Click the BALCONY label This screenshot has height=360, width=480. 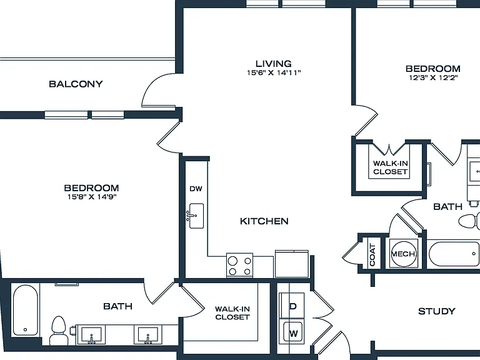click(x=76, y=84)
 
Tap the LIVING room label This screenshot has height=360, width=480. click(x=274, y=64)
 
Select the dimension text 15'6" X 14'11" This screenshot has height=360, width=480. click(x=274, y=73)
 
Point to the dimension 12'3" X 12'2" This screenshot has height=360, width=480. click(x=433, y=77)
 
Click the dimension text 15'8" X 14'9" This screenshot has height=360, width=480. click(x=92, y=197)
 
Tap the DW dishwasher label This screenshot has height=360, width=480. click(x=196, y=189)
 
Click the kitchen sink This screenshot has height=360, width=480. click(x=196, y=216)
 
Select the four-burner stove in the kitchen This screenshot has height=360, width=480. click(x=240, y=266)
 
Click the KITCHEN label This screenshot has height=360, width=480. click(x=264, y=221)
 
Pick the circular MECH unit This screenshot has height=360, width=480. click(x=404, y=254)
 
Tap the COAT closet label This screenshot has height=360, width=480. click(x=372, y=255)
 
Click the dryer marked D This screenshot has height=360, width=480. click(x=292, y=306)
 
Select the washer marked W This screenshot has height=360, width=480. click(x=292, y=332)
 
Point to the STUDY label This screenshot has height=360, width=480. click(x=436, y=312)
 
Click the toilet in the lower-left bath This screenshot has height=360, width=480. click(x=59, y=331)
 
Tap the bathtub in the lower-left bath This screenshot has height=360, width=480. click(x=26, y=310)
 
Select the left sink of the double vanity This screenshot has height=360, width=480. click(x=91, y=335)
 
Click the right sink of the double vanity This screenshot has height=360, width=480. click(x=148, y=335)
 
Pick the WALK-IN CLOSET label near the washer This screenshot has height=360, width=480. click(x=232, y=313)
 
